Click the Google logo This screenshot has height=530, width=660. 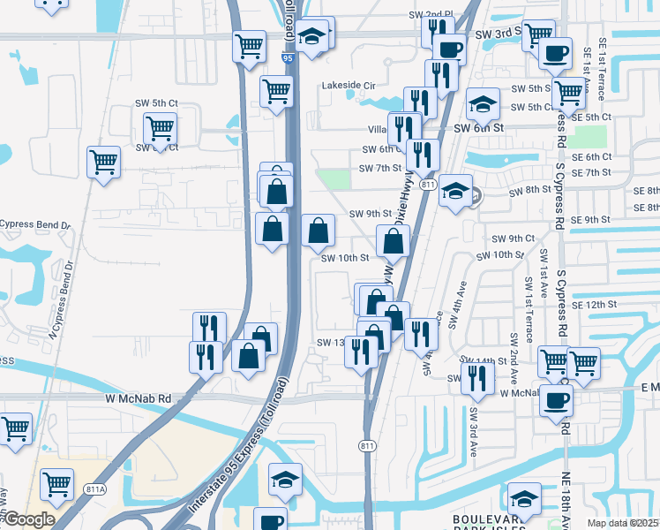[29, 519]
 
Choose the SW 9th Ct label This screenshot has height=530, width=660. [514, 238]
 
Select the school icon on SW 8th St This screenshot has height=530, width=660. [454, 191]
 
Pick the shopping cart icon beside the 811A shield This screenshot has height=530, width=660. [56, 483]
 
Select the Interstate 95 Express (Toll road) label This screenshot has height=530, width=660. [232, 451]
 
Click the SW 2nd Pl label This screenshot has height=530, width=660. [430, 15]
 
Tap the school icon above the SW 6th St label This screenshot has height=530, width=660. [483, 105]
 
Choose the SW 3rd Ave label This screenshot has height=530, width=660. [473, 431]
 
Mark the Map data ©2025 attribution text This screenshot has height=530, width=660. [622, 523]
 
